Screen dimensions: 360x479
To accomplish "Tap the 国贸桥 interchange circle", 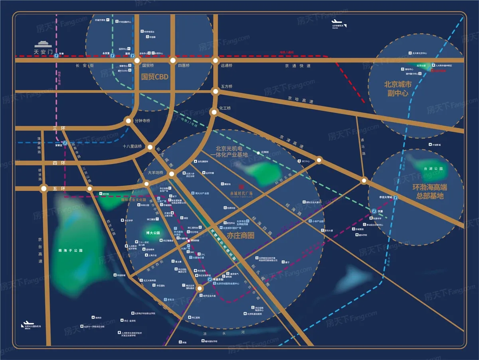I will [x=137, y=60].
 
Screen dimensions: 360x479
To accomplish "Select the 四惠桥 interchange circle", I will [x=173, y=60].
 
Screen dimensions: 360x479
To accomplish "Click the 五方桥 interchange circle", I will [x=216, y=91].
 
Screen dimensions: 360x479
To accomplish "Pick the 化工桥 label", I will [x=225, y=108].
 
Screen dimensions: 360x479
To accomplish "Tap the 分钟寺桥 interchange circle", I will [x=128, y=120].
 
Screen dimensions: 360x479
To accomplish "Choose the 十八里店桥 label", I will [x=132, y=147].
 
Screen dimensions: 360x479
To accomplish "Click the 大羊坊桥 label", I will [x=155, y=173].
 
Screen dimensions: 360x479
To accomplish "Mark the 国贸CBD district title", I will [x=155, y=76].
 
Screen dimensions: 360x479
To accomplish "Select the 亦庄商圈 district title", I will [x=240, y=236].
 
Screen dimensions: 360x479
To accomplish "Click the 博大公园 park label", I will [x=152, y=233].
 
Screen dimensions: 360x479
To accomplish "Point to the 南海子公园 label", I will [x=70, y=251].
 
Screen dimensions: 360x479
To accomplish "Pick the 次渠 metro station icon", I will [x=374, y=211].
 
